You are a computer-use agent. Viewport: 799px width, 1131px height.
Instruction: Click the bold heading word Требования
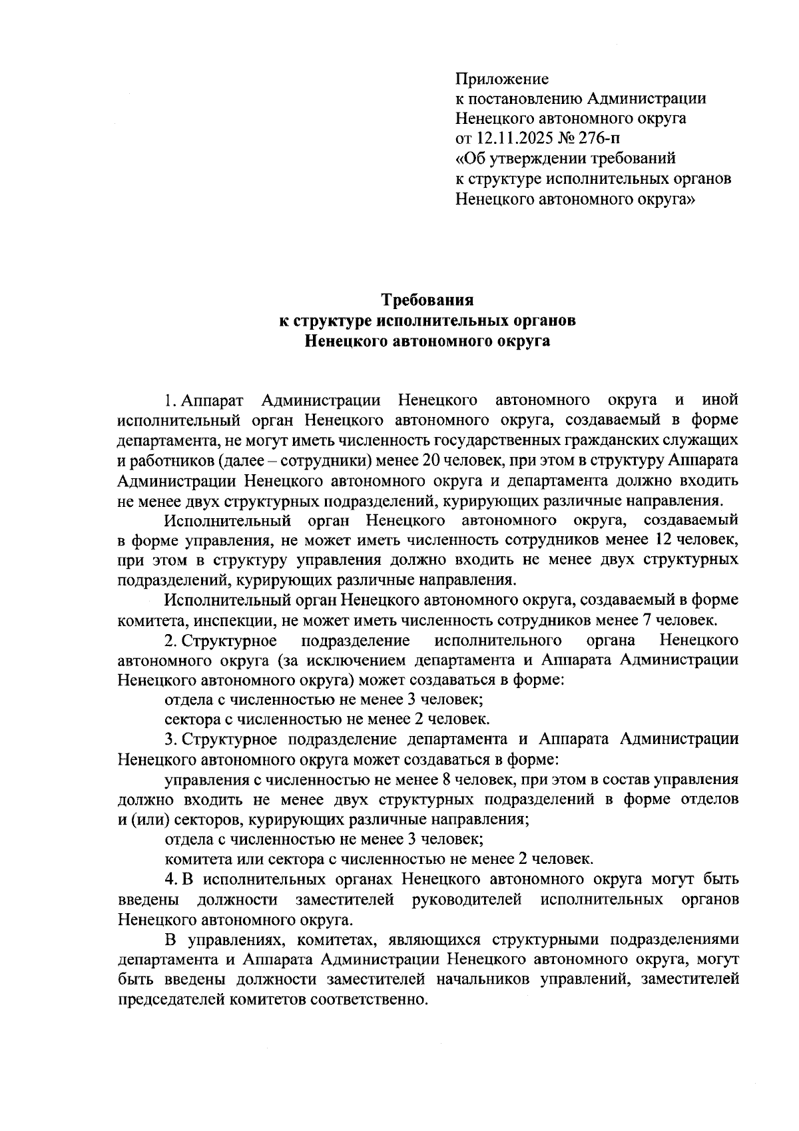pos(426,299)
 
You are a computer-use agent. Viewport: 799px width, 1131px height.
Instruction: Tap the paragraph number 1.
pos(169,400)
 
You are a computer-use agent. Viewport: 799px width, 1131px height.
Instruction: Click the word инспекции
pos(214,620)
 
